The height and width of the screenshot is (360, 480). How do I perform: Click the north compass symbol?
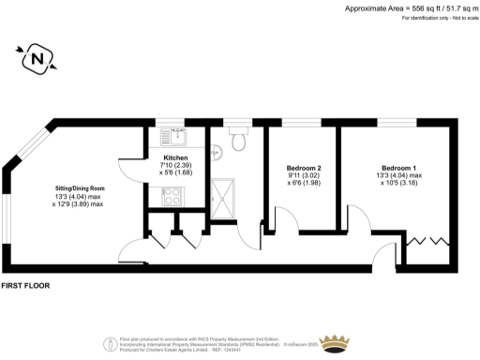37,58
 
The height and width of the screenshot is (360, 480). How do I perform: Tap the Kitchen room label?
176,157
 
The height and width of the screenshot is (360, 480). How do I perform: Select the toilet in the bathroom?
240,142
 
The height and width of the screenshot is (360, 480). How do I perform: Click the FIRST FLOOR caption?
25,284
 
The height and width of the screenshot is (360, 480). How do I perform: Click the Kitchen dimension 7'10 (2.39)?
176,166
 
